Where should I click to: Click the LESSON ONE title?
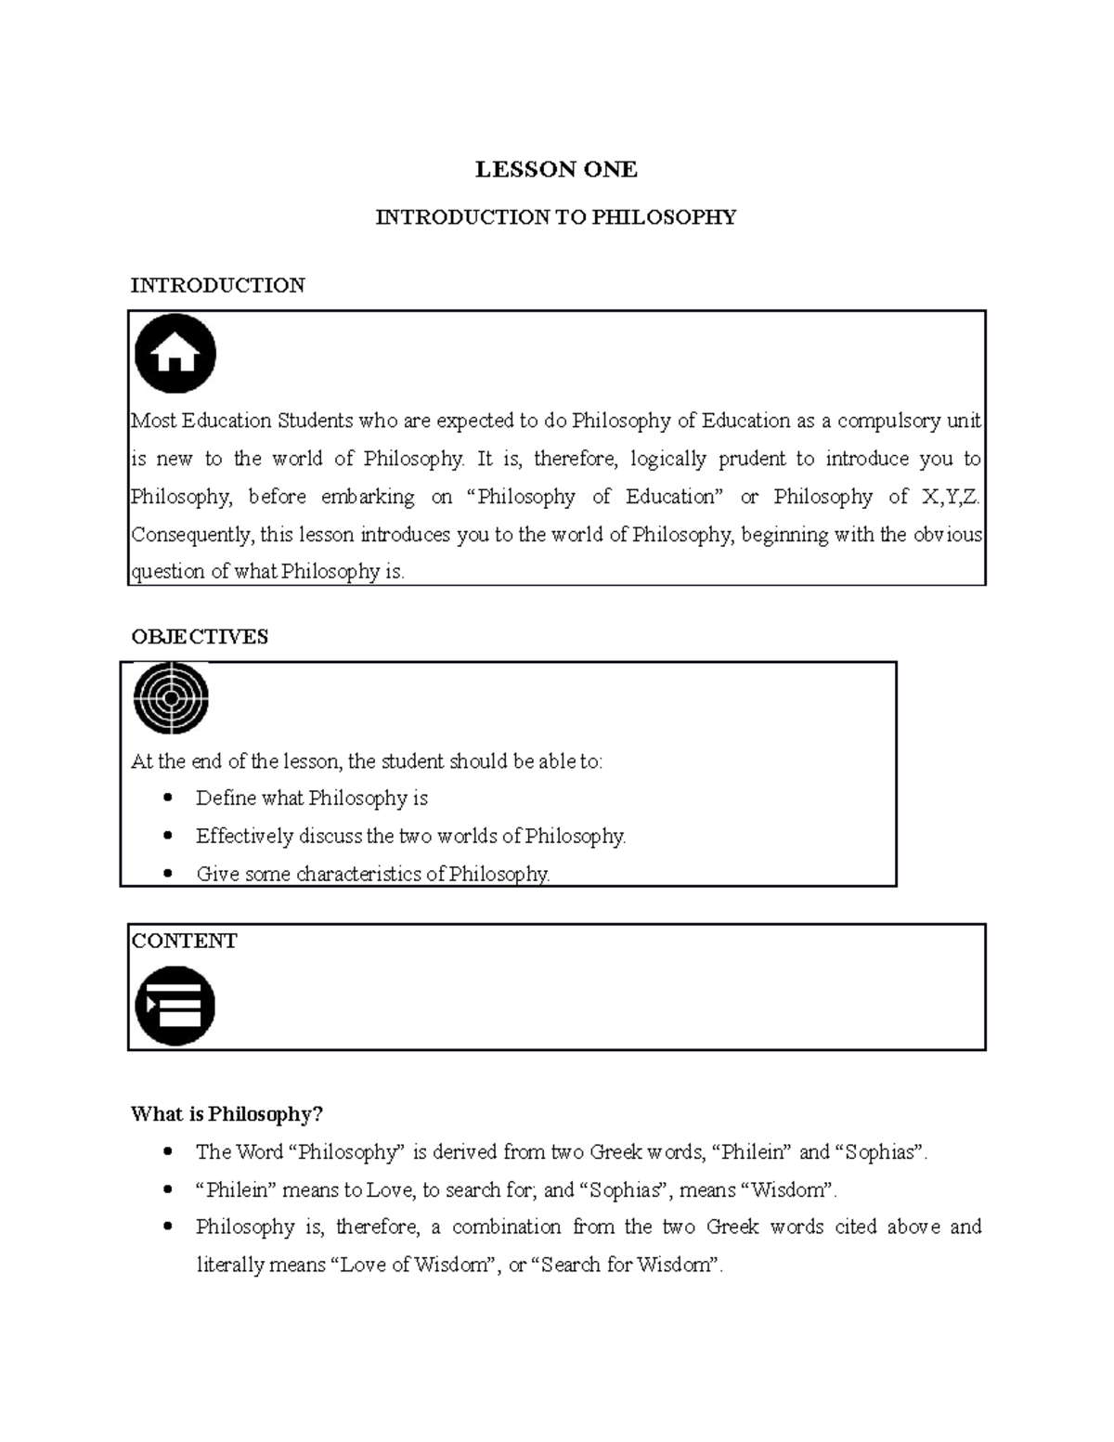click(556, 169)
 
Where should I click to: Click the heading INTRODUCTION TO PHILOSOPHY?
click(555, 217)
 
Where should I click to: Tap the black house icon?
click(175, 354)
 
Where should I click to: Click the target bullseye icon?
click(171, 697)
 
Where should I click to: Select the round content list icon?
click(175, 1006)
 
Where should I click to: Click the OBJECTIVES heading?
click(200, 637)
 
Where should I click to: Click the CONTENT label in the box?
click(184, 942)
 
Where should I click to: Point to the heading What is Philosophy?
click(227, 1114)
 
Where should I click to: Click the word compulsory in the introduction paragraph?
click(887, 421)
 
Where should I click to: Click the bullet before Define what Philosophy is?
click(168, 798)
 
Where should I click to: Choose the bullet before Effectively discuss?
click(168, 836)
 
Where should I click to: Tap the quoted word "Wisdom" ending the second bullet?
click(787, 1190)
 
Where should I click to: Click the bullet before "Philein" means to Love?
click(168, 1189)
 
